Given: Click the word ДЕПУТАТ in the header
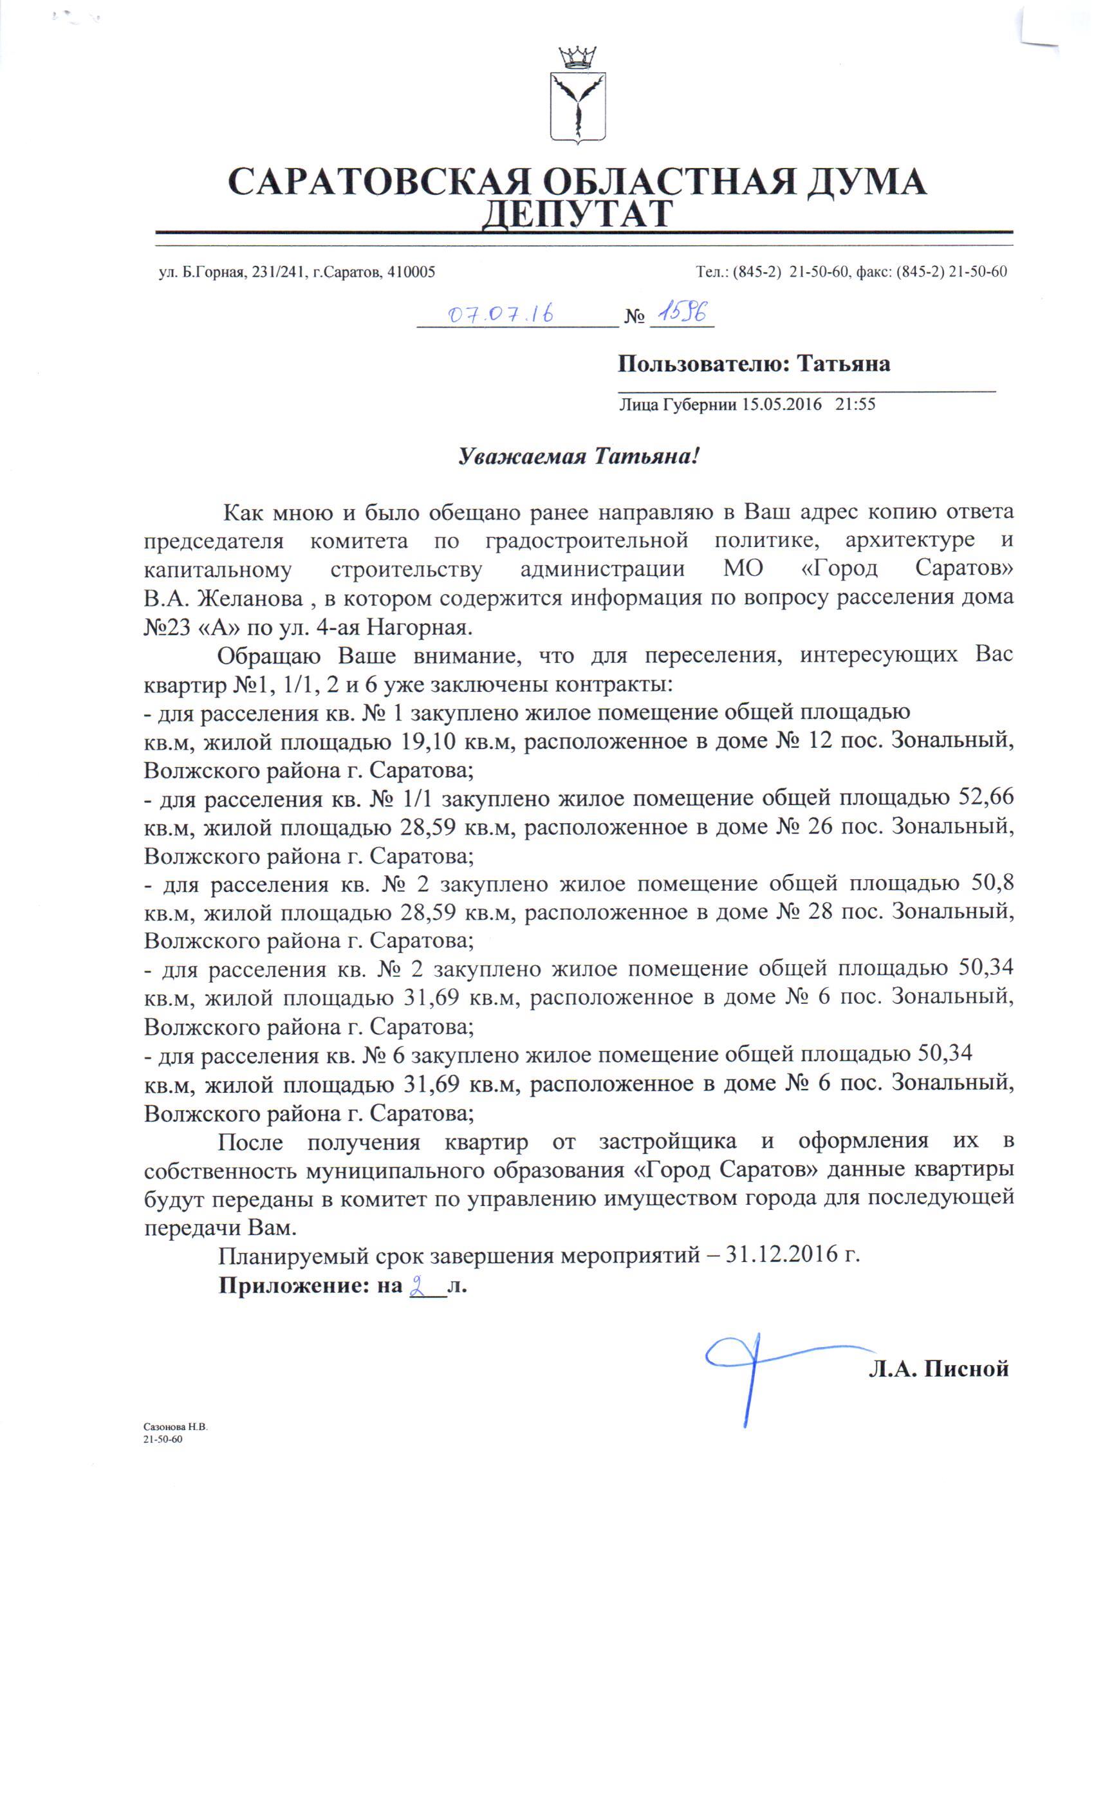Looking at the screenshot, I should (579, 214).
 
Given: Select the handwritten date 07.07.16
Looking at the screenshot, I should (499, 315).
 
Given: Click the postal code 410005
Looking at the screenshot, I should (412, 272).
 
